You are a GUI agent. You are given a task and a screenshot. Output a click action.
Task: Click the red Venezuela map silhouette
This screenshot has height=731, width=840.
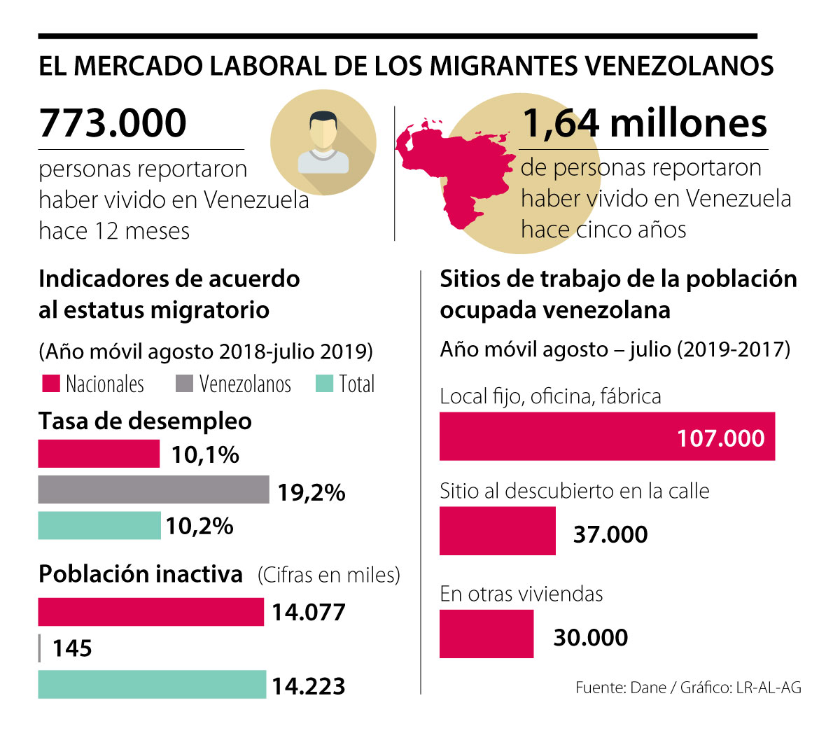[x=448, y=168]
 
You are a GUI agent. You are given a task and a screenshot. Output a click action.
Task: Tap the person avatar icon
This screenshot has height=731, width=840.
[x=323, y=142]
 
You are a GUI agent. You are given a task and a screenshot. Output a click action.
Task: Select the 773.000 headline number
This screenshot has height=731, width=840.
[x=113, y=123]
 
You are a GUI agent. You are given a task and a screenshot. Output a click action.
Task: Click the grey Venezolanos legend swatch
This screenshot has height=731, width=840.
[x=184, y=384]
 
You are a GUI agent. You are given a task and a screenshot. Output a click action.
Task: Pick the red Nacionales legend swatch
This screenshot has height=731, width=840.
[x=50, y=384]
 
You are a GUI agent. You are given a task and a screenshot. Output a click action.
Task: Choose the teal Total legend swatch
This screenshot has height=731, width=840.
[x=324, y=384]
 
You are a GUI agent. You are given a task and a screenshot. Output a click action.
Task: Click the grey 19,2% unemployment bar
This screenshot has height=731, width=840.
[x=153, y=489]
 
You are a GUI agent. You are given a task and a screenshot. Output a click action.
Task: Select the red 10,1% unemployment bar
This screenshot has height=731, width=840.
[x=99, y=454]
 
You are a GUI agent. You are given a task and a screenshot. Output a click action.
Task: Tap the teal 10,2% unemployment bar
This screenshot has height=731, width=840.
[x=99, y=525]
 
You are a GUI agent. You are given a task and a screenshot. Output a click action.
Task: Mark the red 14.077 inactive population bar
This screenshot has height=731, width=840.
[x=150, y=612]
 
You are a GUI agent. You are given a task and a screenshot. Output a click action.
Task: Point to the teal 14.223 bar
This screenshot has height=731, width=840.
[x=152, y=685]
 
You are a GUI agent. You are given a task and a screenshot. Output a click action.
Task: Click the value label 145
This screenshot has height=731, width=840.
[x=72, y=648]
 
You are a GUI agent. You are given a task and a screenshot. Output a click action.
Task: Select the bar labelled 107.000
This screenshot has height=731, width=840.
[x=607, y=436]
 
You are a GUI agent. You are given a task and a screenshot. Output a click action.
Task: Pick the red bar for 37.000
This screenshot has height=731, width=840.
[x=497, y=531]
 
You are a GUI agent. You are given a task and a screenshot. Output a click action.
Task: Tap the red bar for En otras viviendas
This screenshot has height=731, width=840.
[x=486, y=634]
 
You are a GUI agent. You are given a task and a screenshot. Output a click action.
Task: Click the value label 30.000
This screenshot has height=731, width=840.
[x=591, y=637]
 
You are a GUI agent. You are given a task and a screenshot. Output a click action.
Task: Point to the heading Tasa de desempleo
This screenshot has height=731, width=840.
[x=145, y=421]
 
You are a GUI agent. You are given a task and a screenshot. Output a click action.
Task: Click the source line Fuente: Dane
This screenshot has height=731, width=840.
[x=688, y=688]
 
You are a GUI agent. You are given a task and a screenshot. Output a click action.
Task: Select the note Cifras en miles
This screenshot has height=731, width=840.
[x=329, y=575]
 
